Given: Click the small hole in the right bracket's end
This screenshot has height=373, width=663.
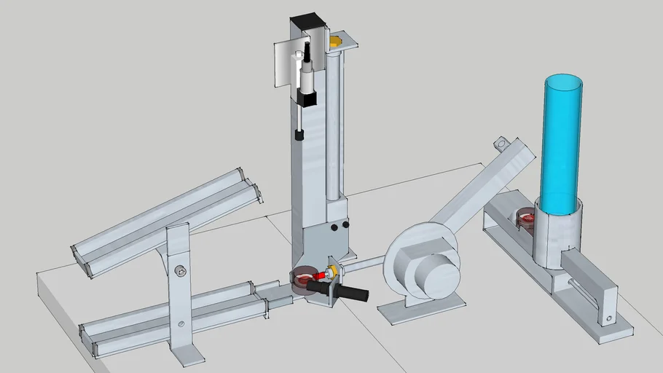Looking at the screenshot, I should (610, 318).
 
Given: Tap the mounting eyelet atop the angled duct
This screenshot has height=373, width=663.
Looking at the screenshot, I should (501, 144).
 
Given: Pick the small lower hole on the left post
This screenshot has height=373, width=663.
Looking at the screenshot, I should (180, 323).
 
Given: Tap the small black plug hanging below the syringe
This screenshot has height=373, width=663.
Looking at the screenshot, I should (298, 135).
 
